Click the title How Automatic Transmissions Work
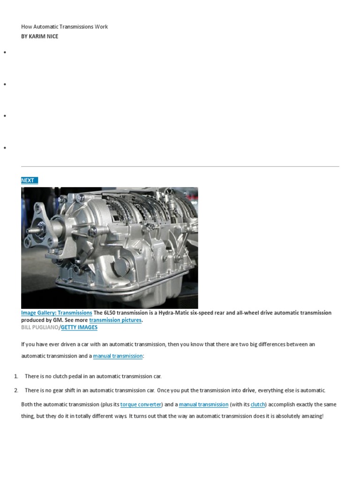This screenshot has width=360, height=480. pyautogui.click(x=64, y=27)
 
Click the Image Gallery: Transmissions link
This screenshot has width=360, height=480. pyautogui.click(x=56, y=313)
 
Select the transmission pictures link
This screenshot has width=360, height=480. pyautogui.click(x=115, y=320)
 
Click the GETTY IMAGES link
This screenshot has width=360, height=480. pyautogui.click(x=79, y=327)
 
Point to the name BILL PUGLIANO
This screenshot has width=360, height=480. pyautogui.click(x=39, y=327)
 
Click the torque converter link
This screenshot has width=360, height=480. pyautogui.click(x=141, y=405)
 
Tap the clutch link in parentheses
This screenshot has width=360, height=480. pyautogui.click(x=258, y=405)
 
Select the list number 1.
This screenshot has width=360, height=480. pyautogui.click(x=15, y=376)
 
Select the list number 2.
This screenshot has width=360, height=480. pyautogui.click(x=15, y=390)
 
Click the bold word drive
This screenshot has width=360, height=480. pyautogui.click(x=248, y=390)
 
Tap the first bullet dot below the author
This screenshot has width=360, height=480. pyautogui.click(x=4, y=52)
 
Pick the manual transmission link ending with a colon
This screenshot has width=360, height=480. pyautogui.click(x=118, y=356)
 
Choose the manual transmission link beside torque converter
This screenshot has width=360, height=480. pyautogui.click(x=203, y=405)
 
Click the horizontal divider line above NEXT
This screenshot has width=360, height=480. pyautogui.click(x=180, y=166)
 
